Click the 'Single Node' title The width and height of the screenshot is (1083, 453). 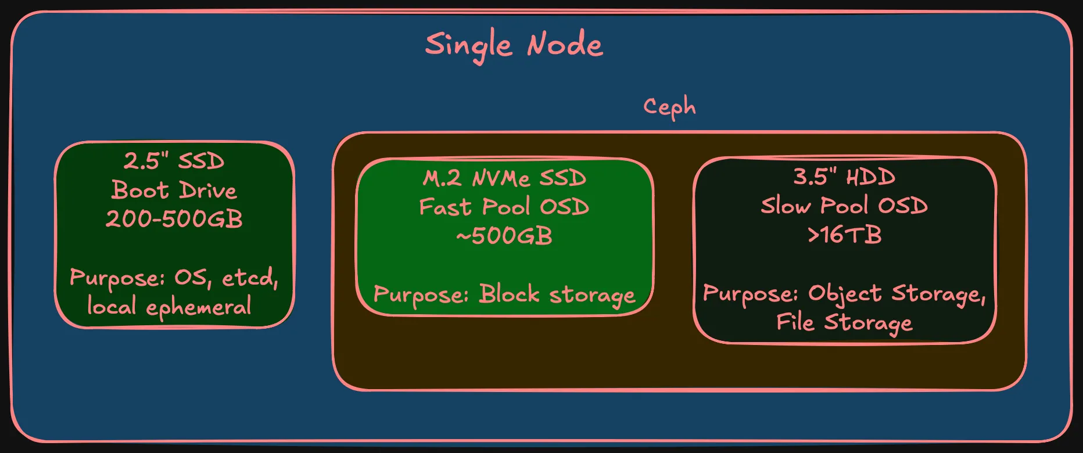click(514, 45)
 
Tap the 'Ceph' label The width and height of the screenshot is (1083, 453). click(669, 107)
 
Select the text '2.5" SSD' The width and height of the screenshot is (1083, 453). click(174, 161)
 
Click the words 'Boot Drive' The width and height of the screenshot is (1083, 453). click(174, 190)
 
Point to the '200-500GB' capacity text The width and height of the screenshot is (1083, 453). click(174, 219)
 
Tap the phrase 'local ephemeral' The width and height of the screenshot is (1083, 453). click(169, 306)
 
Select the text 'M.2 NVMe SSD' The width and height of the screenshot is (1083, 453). click(504, 178)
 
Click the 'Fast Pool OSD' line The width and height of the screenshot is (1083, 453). click(504, 207)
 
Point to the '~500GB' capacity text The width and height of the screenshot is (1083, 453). click(504, 236)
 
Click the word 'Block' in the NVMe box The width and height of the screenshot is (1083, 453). click(509, 294)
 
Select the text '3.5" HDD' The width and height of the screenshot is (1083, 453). click(844, 177)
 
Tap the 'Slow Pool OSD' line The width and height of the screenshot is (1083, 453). click(844, 206)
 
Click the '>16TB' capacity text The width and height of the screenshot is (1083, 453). click(844, 235)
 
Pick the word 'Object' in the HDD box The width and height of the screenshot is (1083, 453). click(845, 294)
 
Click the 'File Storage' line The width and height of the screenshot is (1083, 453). click(844, 322)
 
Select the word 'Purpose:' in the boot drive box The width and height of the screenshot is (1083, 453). click(117, 278)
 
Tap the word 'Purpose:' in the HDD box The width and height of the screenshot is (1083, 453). click(750, 294)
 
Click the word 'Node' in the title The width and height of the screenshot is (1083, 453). click(565, 45)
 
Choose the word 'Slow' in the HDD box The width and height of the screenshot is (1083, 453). click(786, 206)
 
